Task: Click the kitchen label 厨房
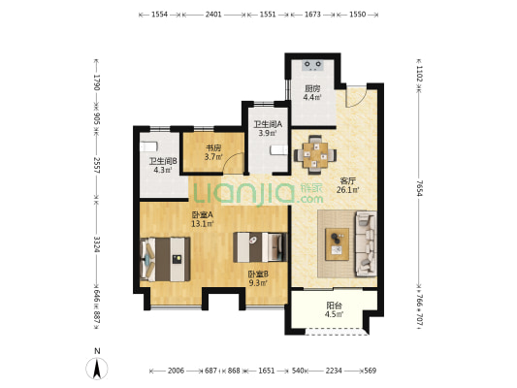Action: [312, 89]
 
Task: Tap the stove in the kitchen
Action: [312, 65]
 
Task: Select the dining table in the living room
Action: [315, 154]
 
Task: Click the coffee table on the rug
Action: [337, 244]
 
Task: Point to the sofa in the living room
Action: [366, 243]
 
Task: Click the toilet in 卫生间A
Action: [279, 150]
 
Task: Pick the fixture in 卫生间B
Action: [148, 146]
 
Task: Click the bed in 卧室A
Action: [165, 259]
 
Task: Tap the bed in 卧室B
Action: [260, 247]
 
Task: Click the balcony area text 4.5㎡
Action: [334, 314]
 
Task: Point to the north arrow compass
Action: [97, 369]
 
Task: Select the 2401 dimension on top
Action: [213, 15]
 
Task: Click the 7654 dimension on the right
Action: [419, 188]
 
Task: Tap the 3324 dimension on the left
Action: [97, 244]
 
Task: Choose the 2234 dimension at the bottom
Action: [334, 371]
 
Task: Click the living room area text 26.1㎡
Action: [348, 190]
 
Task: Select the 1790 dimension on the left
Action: [97, 82]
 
